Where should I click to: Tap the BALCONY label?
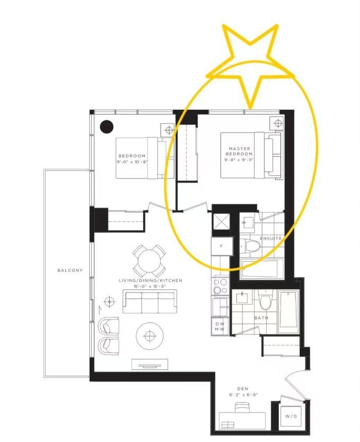coord(70,270)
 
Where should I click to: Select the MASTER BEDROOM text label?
coord(239,151)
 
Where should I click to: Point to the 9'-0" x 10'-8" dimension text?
coord(132,162)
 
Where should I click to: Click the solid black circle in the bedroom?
coord(107,127)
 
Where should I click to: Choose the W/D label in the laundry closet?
coord(291,416)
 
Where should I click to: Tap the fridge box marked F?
coord(222,246)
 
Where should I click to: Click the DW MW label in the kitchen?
coord(219,326)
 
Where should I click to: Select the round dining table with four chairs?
coord(149,260)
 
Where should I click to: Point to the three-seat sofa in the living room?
coord(150,301)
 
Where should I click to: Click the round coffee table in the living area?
coord(150,335)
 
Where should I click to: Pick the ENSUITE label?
coord(270,238)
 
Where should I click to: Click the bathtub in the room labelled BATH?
coord(288,312)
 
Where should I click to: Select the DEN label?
coord(243,388)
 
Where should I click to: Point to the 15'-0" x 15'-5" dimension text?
coord(150,286)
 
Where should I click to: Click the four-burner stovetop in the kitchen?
coord(221,286)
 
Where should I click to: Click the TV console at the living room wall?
coord(150,364)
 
